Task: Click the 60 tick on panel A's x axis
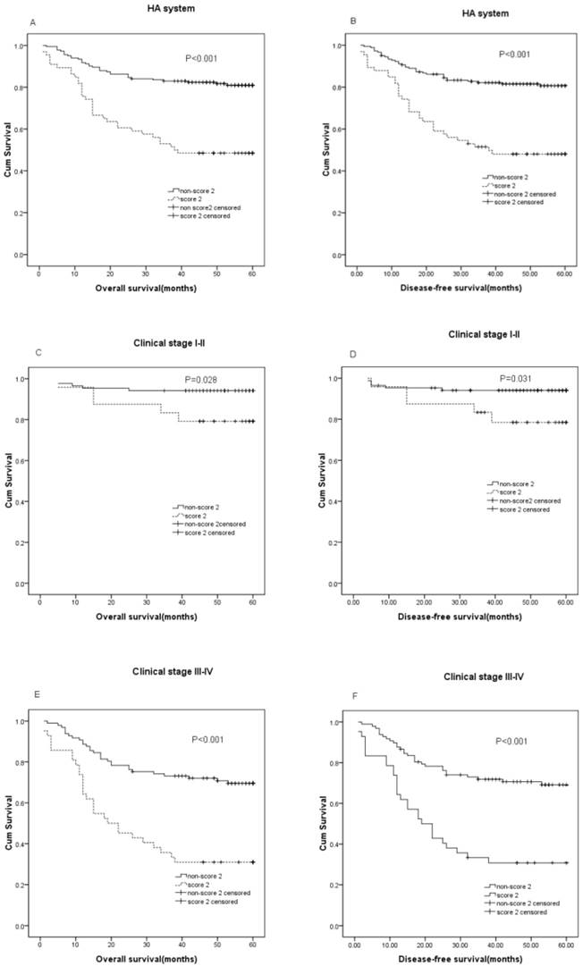253,270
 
